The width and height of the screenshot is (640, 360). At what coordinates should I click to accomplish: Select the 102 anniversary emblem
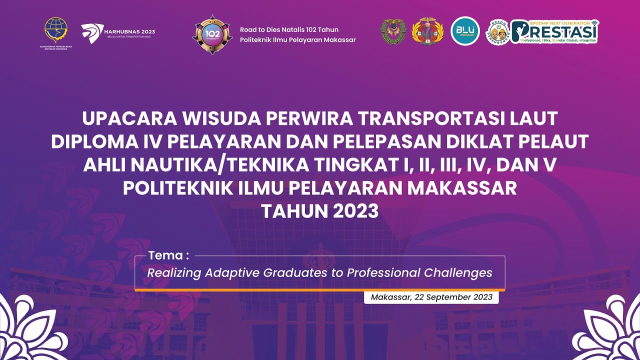212,34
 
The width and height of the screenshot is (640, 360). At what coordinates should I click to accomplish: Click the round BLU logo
465,31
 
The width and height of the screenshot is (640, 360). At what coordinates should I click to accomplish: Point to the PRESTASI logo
555,32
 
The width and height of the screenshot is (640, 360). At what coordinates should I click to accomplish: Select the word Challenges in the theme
458,273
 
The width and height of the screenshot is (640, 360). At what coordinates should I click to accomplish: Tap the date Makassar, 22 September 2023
431,297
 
